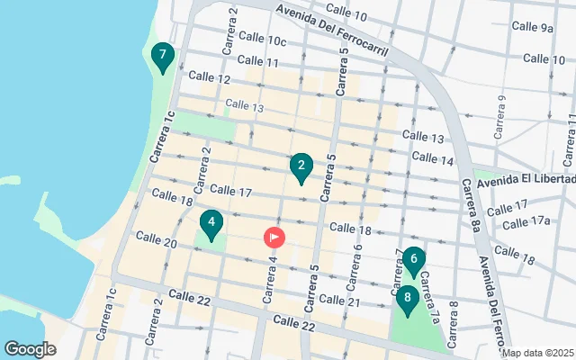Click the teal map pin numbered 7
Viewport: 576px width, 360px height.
162,58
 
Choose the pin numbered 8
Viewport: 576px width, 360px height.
408,297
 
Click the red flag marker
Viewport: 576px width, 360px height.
274,237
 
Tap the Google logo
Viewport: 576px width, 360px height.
31,348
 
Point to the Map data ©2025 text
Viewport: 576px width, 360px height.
537,353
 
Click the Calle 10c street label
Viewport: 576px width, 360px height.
264,40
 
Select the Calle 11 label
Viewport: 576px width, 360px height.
259,61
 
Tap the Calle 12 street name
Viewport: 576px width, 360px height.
211,79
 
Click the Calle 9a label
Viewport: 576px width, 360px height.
534,28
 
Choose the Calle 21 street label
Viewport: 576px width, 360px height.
340,301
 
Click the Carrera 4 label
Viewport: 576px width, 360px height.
269,280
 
